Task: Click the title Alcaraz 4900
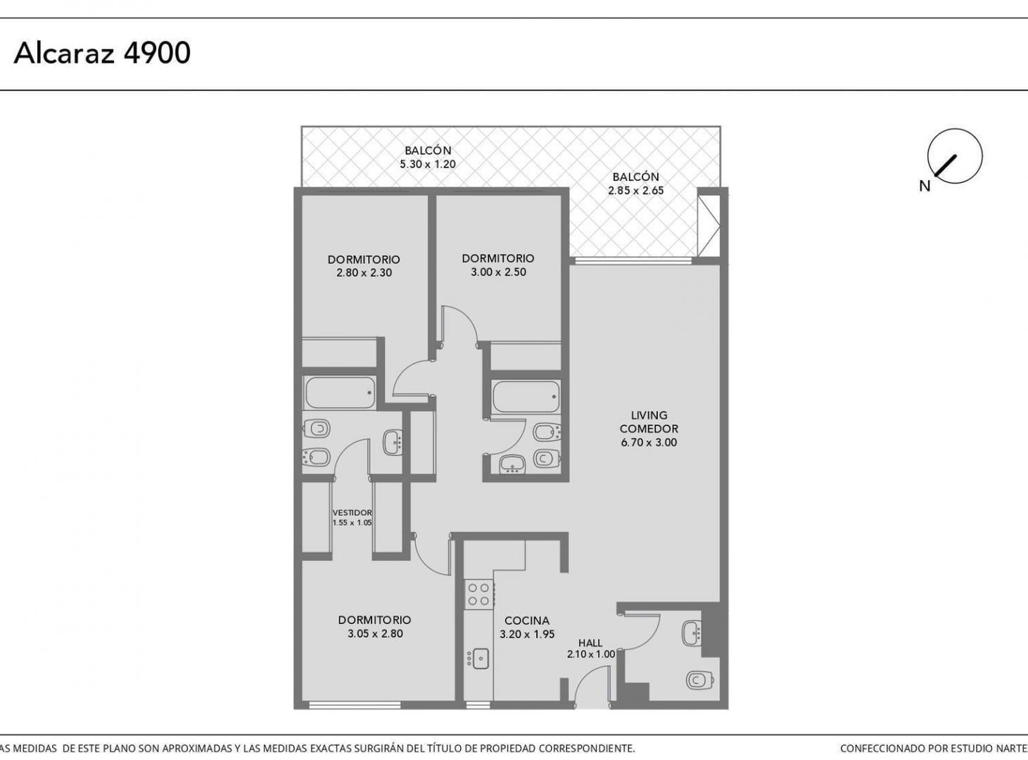click(x=102, y=53)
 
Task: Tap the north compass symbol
click(x=955, y=156)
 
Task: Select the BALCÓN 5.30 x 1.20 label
click(x=428, y=157)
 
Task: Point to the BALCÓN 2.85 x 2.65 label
click(x=636, y=184)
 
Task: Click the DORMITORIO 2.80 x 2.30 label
click(x=364, y=266)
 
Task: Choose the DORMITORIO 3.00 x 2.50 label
click(x=498, y=265)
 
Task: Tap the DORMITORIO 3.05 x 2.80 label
click(x=374, y=626)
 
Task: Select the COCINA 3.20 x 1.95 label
click(x=527, y=627)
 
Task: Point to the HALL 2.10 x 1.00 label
click(x=591, y=649)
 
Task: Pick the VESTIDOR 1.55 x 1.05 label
click(x=353, y=517)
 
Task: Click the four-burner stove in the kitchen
click(x=478, y=595)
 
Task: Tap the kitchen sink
click(x=478, y=659)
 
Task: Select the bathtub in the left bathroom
click(x=340, y=393)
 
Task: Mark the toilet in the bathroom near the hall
click(x=700, y=680)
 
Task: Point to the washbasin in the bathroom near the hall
click(x=692, y=633)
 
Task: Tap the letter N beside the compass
click(x=925, y=186)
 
